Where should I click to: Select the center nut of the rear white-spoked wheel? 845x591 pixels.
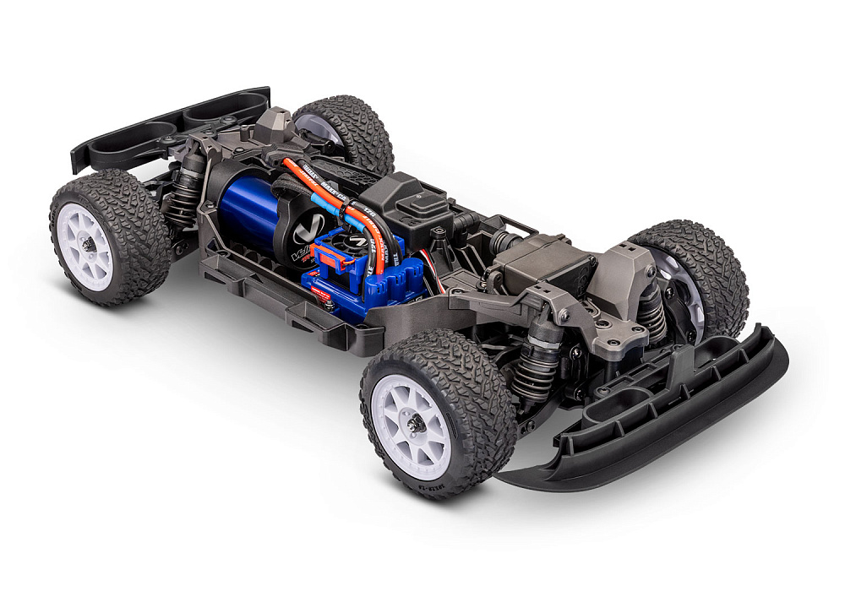(x=87, y=244)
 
